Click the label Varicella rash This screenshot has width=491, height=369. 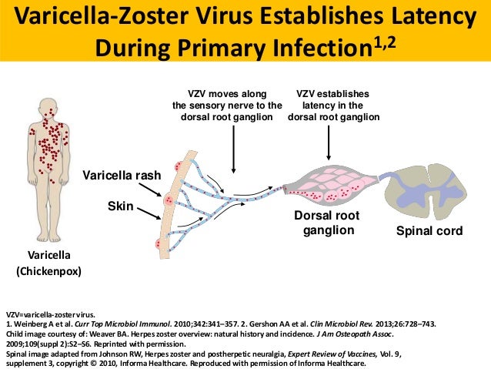pyautogui.click(x=122, y=176)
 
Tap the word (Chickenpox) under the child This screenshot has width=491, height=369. pyautogui.click(x=48, y=272)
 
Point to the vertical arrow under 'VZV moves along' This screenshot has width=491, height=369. pyautogui.click(x=232, y=146)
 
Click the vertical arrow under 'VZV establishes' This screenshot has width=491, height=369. pyautogui.click(x=329, y=143)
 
